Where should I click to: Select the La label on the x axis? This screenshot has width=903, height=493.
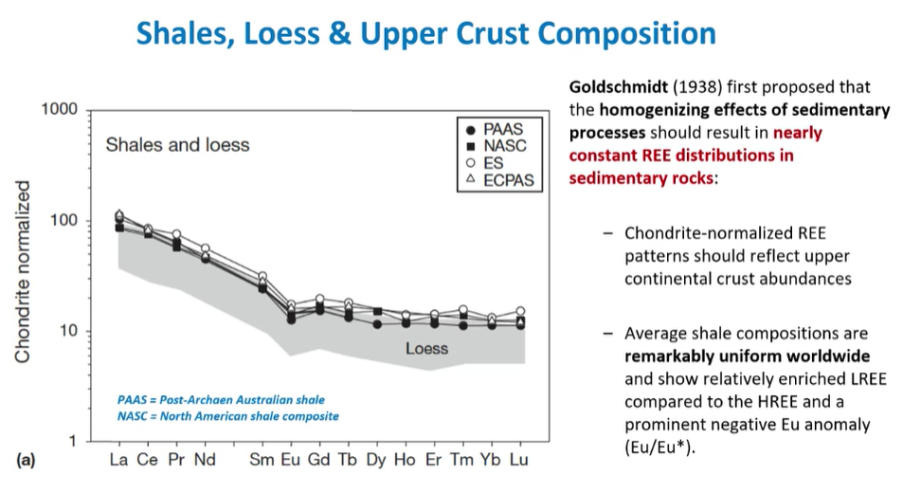pos(118,461)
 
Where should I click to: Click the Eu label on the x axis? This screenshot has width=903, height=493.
pos(291,461)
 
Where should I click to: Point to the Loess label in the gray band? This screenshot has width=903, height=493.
pos(426,348)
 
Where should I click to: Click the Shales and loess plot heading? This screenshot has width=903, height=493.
pos(177,145)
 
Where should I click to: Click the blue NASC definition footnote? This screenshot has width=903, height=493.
pos(227,415)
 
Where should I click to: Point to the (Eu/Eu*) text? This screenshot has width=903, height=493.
pos(659,447)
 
